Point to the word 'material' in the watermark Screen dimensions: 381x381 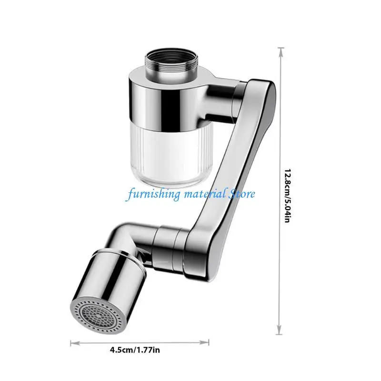(202, 194)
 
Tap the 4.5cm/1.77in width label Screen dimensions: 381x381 (135, 351)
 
